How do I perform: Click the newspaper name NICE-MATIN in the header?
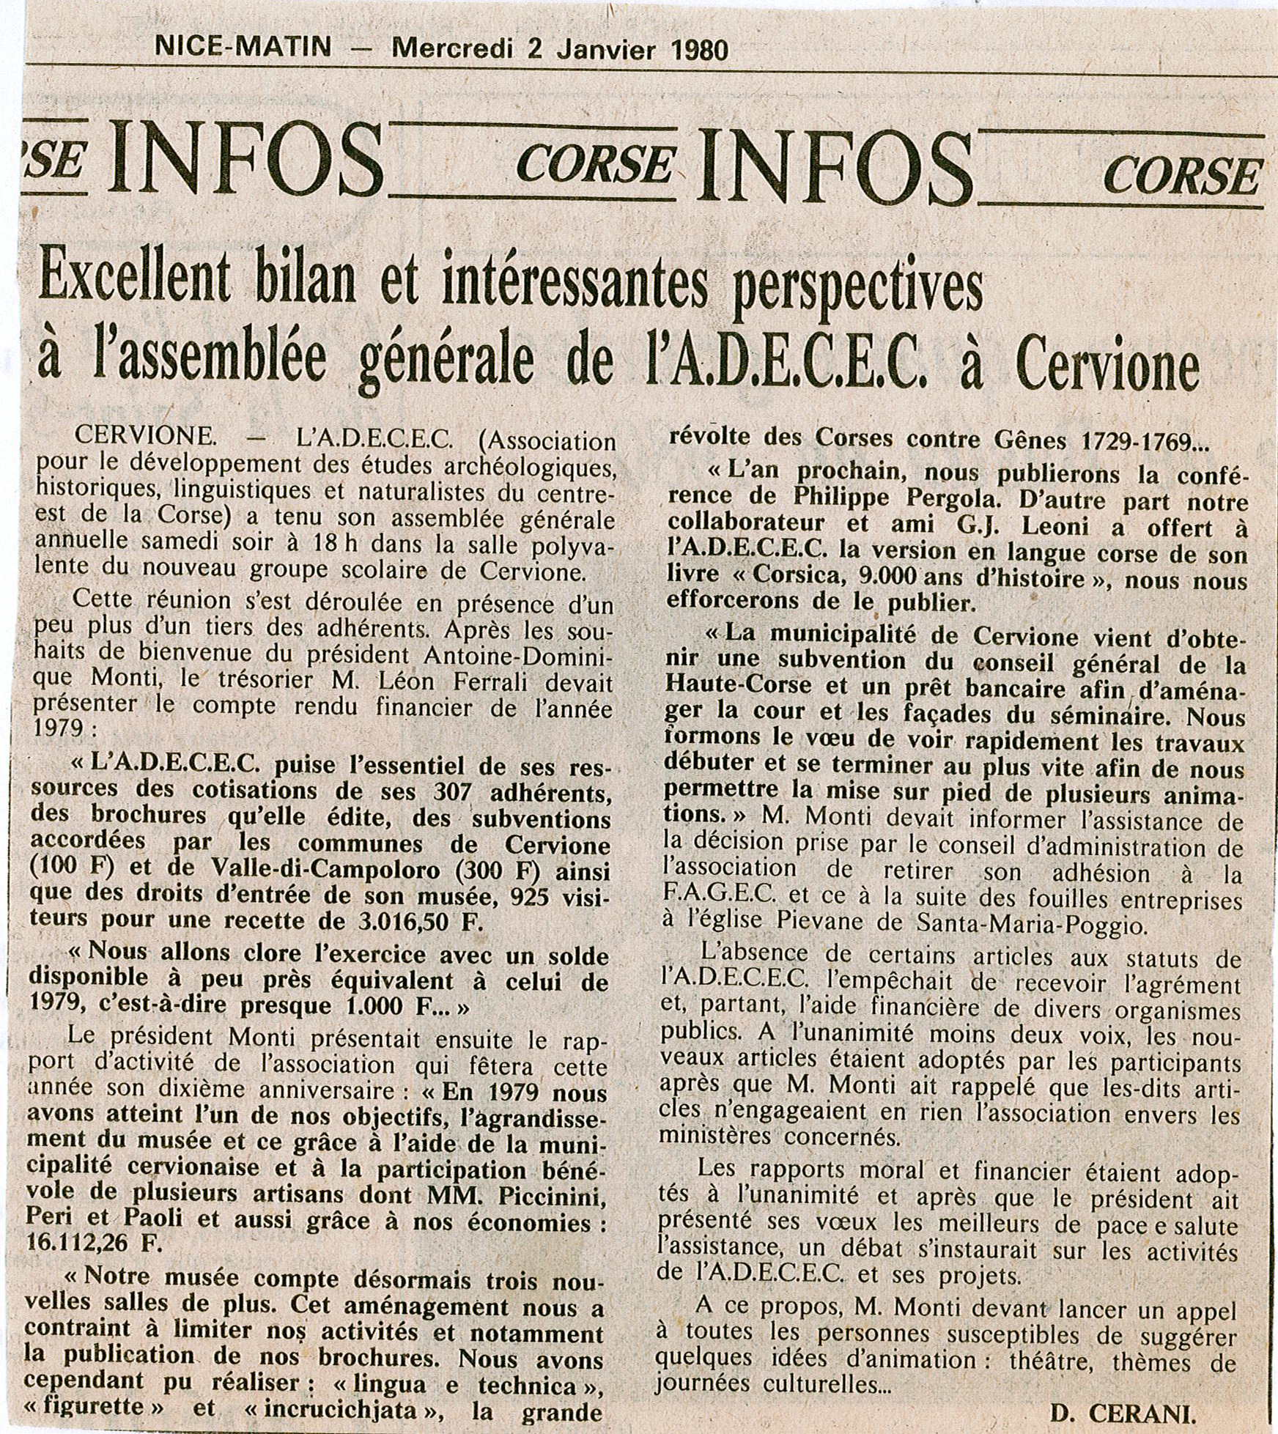[x=243, y=48]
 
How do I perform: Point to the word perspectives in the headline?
[x=857, y=288]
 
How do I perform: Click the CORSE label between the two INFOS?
[x=594, y=164]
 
